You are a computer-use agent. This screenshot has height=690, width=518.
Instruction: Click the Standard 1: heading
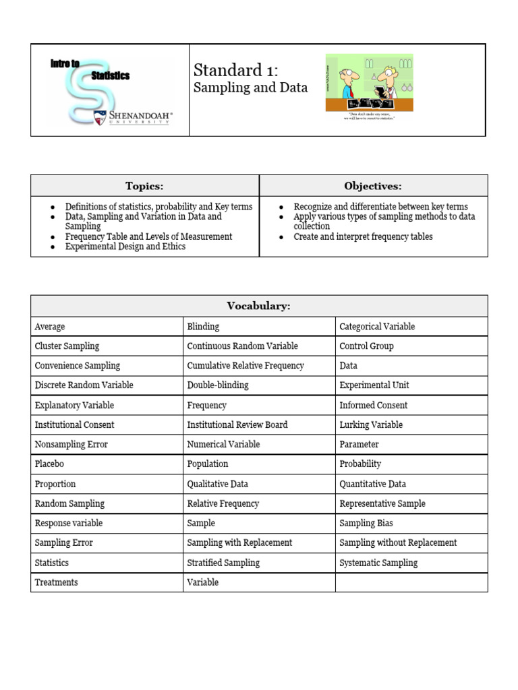(x=235, y=70)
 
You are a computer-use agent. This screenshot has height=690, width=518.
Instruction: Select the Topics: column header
(x=144, y=186)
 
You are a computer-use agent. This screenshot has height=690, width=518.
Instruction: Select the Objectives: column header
(x=373, y=186)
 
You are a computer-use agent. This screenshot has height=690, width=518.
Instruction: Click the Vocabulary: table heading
(x=258, y=306)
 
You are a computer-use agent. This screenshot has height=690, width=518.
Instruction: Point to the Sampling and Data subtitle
(x=250, y=88)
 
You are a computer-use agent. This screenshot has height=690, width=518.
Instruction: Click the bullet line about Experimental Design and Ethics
(x=125, y=247)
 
